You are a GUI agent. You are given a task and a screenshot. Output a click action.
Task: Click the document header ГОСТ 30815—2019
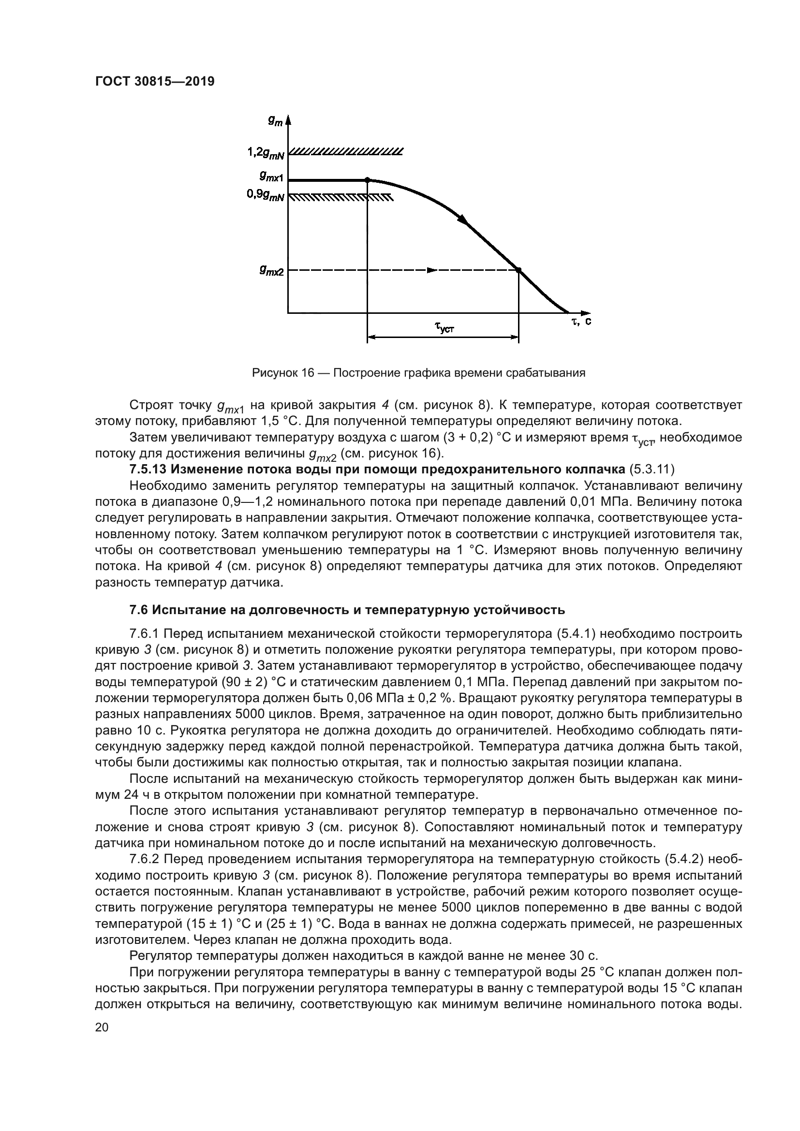coord(155,81)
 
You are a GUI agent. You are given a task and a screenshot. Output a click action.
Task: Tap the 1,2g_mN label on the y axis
coord(266,153)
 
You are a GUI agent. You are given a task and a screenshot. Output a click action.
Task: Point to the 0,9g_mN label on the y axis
coord(266,195)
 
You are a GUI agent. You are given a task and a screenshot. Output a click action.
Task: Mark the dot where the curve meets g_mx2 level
coord(519,269)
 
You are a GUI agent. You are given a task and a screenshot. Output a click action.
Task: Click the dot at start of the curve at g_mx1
coord(367,180)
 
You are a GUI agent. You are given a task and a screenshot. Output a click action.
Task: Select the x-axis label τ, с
coord(581,321)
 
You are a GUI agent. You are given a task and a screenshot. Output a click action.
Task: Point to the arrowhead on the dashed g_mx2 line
coord(431,269)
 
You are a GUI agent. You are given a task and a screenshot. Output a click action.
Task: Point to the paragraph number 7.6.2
coord(145,860)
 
